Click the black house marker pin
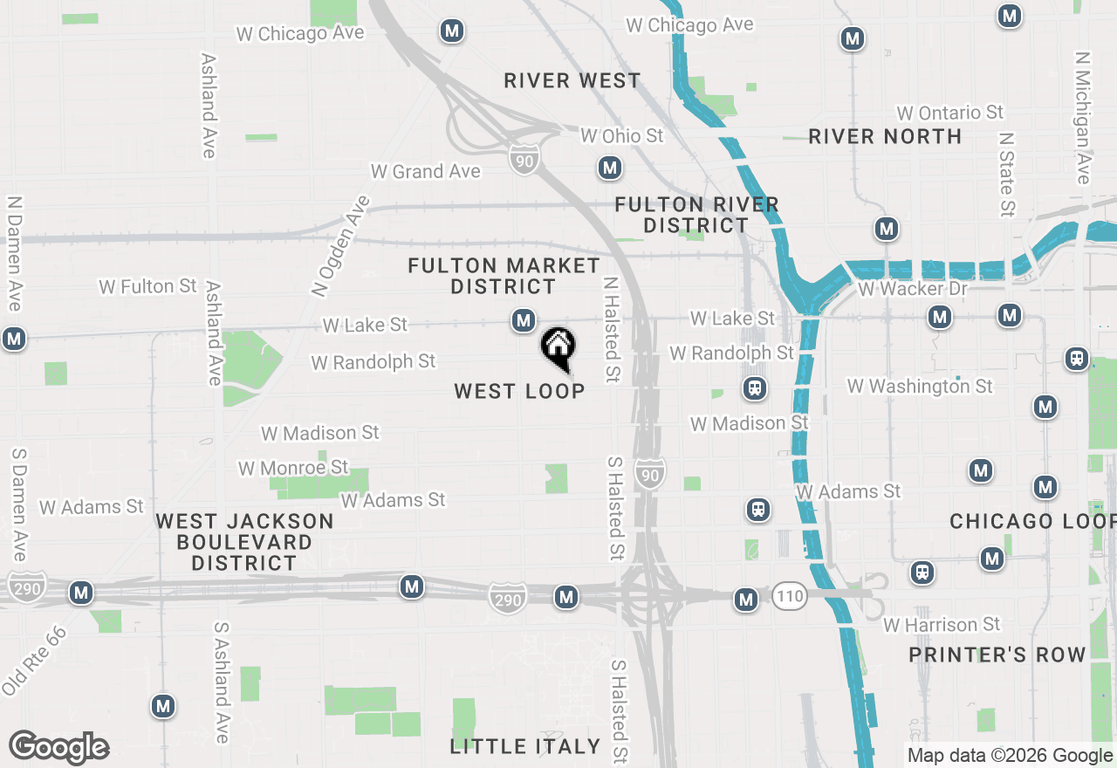tap(558, 347)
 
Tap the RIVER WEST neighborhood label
tap(572, 81)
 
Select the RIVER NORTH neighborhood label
tap(885, 136)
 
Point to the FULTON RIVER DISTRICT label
tap(696, 215)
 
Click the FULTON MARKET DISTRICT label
tap(504, 276)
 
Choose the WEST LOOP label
tap(519, 391)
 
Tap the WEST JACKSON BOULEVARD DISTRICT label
tap(244, 542)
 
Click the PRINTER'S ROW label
tap(997, 655)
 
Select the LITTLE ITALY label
tap(525, 746)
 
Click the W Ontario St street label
tap(949, 113)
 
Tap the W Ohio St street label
tap(621, 135)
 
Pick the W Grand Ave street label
tap(425, 171)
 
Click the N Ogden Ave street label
tap(340, 245)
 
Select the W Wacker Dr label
tap(913, 288)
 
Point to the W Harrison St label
tap(942, 625)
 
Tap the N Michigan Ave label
tap(1083, 118)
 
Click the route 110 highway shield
tap(788, 598)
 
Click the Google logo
tap(58, 748)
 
